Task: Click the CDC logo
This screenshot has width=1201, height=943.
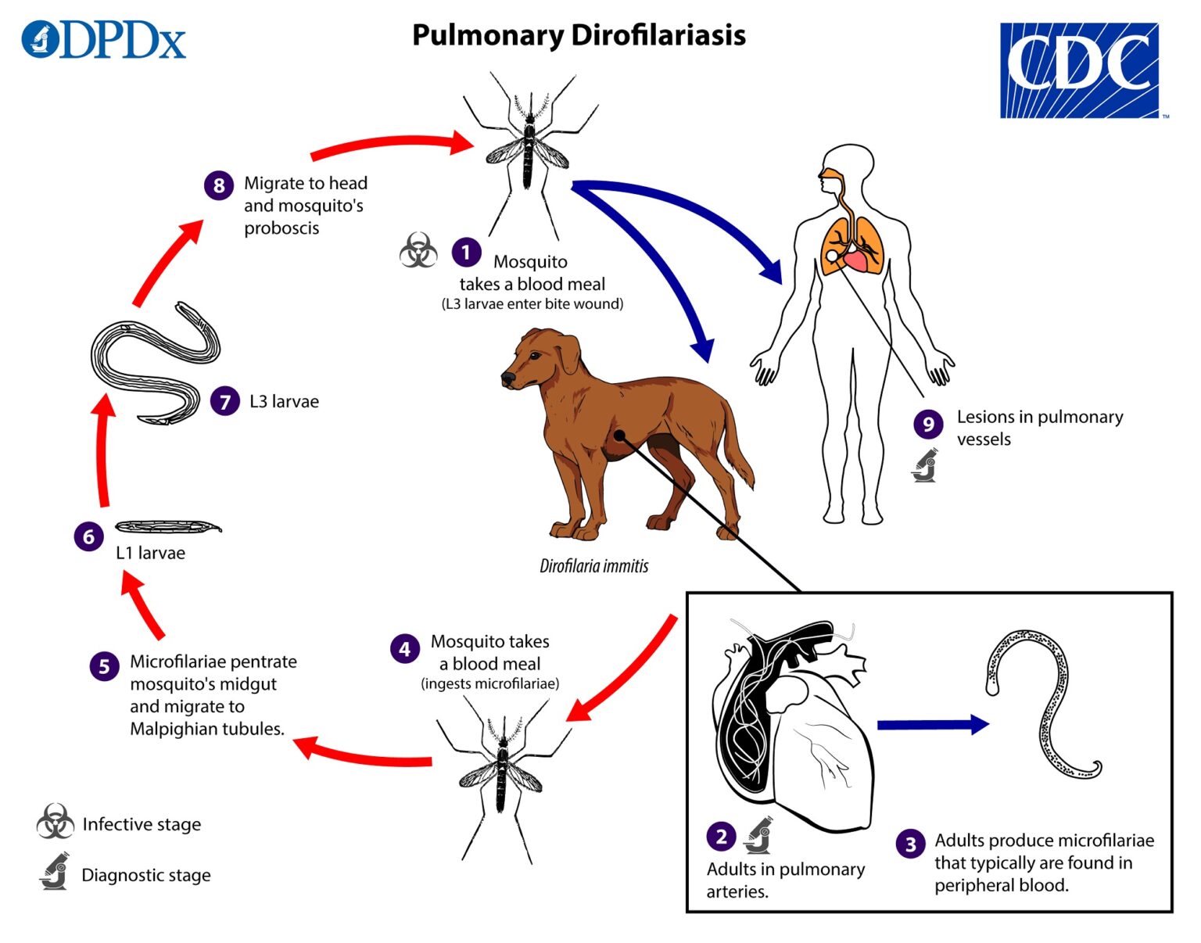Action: [x=1079, y=70]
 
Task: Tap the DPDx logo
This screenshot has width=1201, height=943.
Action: [x=104, y=40]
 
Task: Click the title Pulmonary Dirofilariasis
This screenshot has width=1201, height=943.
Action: [x=579, y=35]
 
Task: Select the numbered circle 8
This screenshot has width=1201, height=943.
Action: [x=219, y=185]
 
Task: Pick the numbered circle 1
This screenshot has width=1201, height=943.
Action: [x=466, y=252]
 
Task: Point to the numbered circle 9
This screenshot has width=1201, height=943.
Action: [x=928, y=424]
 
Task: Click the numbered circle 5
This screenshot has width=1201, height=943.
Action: [x=104, y=666]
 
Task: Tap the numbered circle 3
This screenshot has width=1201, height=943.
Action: [x=910, y=844]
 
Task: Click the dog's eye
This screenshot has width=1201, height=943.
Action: [x=536, y=355]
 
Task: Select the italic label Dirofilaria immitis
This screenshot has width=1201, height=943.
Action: [x=593, y=565]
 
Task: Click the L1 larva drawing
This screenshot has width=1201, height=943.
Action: [x=167, y=526]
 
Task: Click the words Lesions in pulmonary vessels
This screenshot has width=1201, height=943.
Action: [x=1039, y=428]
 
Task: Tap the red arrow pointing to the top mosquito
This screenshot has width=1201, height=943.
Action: [x=391, y=145]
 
